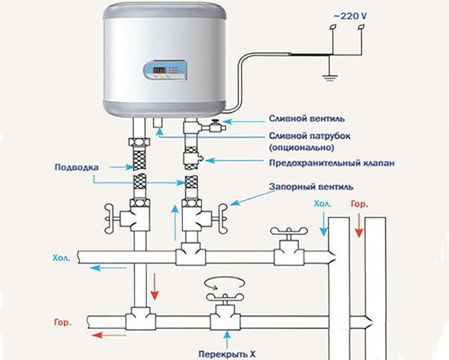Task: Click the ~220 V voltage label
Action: [x=349, y=16]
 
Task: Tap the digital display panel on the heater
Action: [x=166, y=70]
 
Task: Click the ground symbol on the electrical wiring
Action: [x=330, y=78]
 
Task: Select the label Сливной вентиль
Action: [x=307, y=118]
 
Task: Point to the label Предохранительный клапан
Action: [x=331, y=163]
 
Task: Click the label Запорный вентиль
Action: [x=311, y=187]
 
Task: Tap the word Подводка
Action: [x=77, y=167]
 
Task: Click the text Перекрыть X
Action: [x=227, y=353]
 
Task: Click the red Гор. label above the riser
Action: [x=359, y=204]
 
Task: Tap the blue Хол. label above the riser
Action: [x=322, y=204]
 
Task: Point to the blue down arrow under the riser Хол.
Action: [x=323, y=224]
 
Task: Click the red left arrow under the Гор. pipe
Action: [x=109, y=335]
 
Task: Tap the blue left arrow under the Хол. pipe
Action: [x=109, y=268]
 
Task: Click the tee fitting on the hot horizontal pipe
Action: [x=140, y=318]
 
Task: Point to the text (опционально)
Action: [x=301, y=148]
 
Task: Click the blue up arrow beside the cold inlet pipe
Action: [x=175, y=222]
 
